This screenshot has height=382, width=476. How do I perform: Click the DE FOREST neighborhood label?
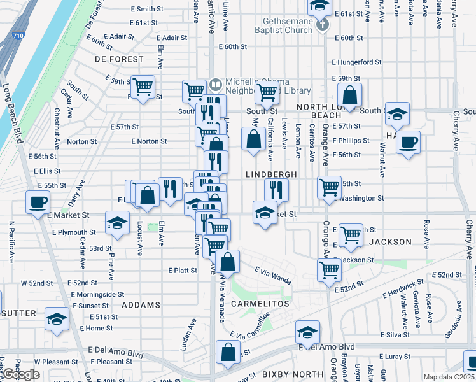tap(119, 59)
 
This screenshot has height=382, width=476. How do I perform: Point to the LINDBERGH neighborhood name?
tap(271, 174)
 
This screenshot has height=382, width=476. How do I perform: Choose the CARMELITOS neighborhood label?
tap(260, 304)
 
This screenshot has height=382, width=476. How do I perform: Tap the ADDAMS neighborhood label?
tap(141, 305)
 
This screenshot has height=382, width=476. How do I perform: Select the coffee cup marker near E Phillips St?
tap(408, 141)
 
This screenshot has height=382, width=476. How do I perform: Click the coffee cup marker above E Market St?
tap(38, 202)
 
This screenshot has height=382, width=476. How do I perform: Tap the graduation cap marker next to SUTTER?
tap(57, 318)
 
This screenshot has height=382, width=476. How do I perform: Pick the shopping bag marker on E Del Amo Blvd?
tap(228, 352)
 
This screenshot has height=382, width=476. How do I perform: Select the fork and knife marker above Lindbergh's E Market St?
tap(276, 189)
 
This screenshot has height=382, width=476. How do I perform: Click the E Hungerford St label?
tap(356, 62)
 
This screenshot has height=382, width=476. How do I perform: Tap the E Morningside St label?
tap(97, 294)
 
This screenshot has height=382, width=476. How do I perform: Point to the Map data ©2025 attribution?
tap(449, 377)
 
